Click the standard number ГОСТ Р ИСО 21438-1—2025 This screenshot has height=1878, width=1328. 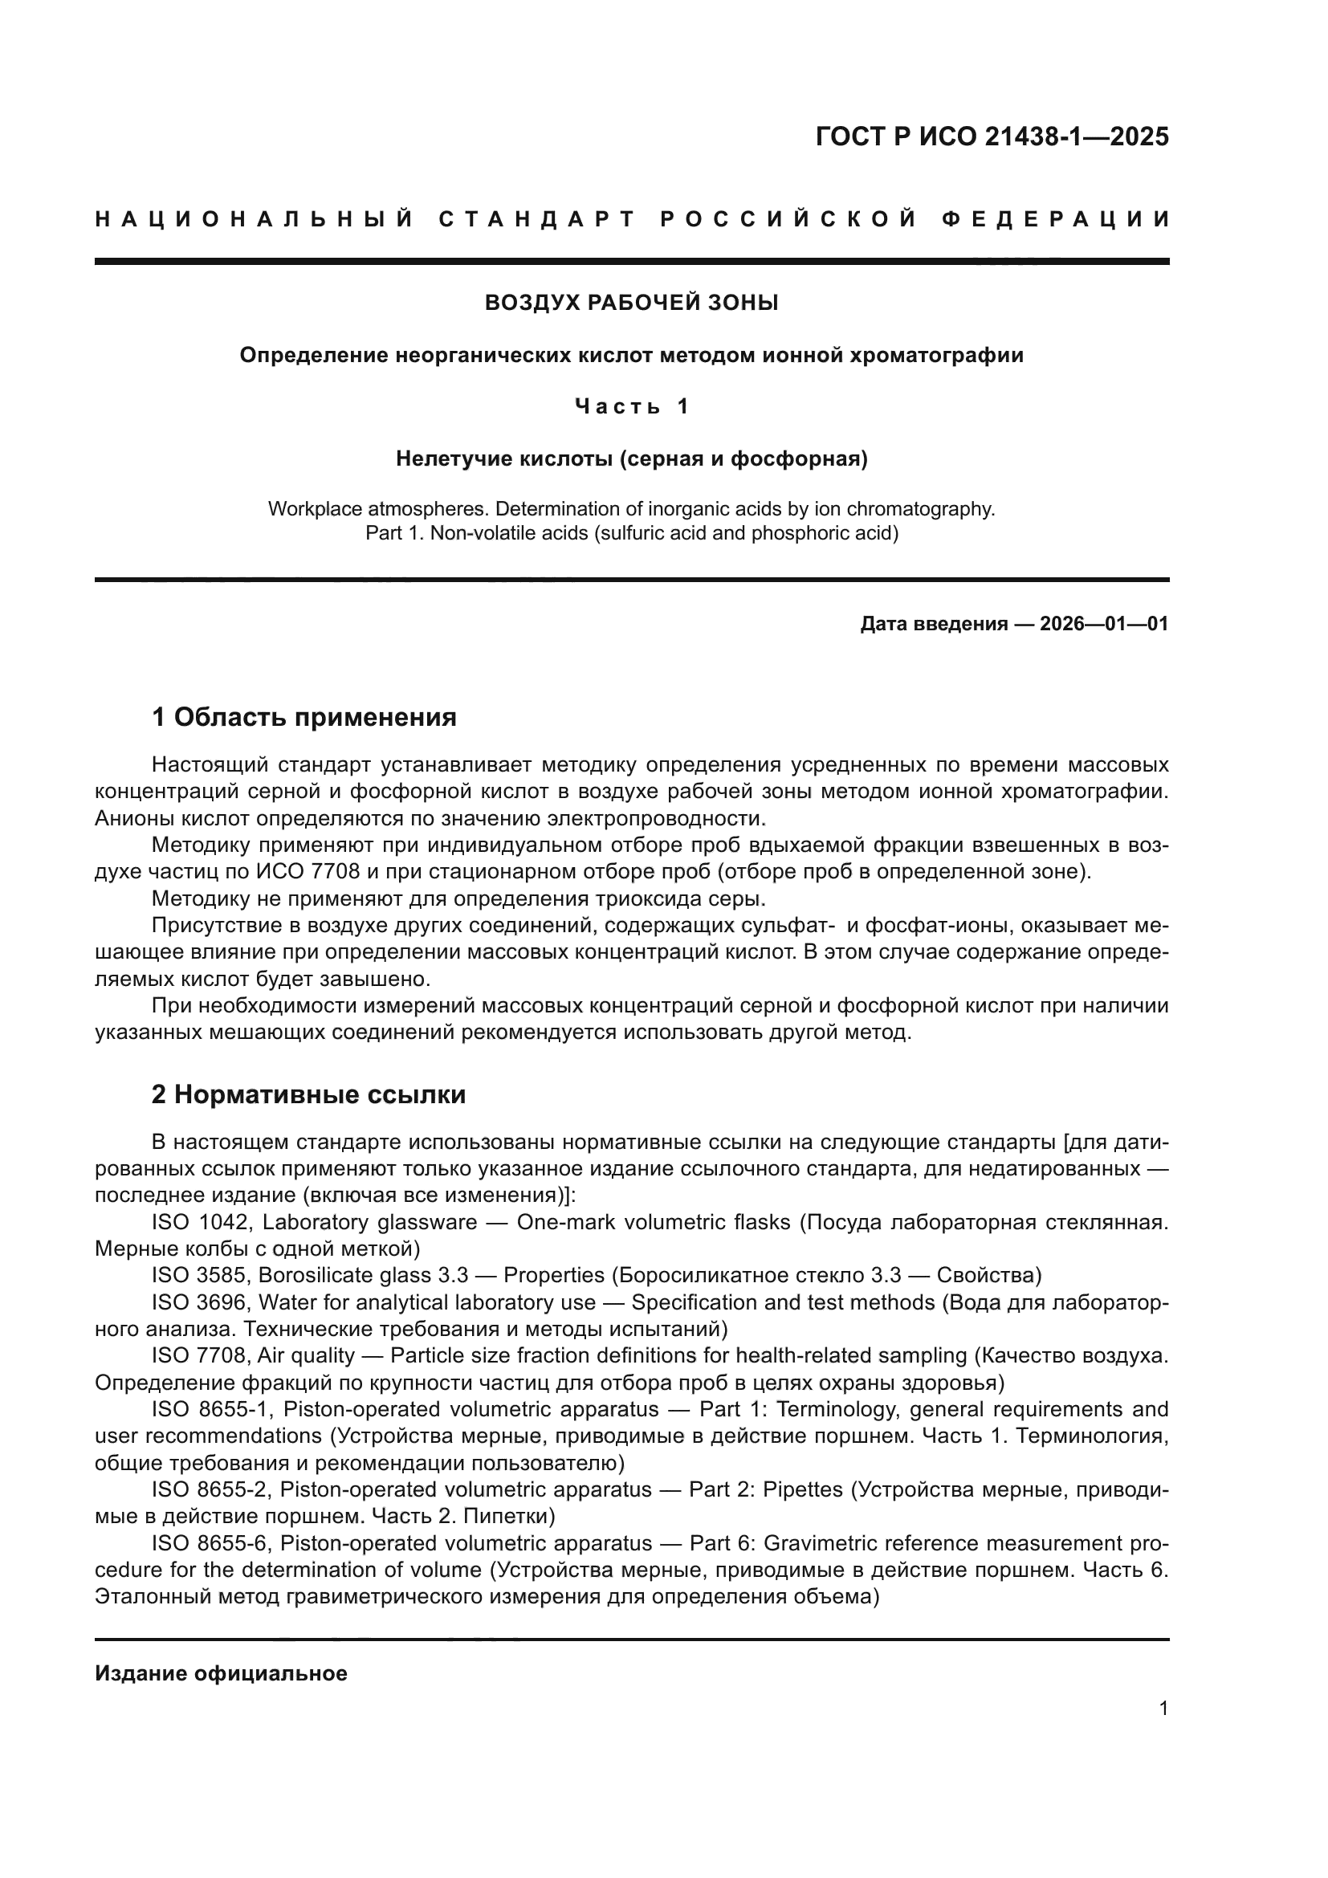pyautogui.click(x=992, y=136)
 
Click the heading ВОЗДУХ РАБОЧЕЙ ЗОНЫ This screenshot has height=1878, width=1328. pyautogui.click(x=631, y=303)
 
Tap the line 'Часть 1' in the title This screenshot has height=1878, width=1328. pyautogui.click(x=631, y=405)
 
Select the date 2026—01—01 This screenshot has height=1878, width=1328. pyautogui.click(x=1103, y=624)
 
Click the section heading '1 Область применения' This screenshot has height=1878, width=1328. pyautogui.click(x=303, y=717)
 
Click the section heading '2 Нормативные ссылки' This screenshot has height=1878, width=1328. pyautogui.click(x=308, y=1094)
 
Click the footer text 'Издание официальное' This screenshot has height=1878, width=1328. pyautogui.click(x=221, y=1673)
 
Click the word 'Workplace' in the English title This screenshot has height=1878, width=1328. pyautogui.click(x=314, y=509)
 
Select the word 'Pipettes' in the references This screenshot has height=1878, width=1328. pyautogui.click(x=802, y=1489)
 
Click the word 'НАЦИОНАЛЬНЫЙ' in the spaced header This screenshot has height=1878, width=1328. pyautogui.click(x=255, y=219)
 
